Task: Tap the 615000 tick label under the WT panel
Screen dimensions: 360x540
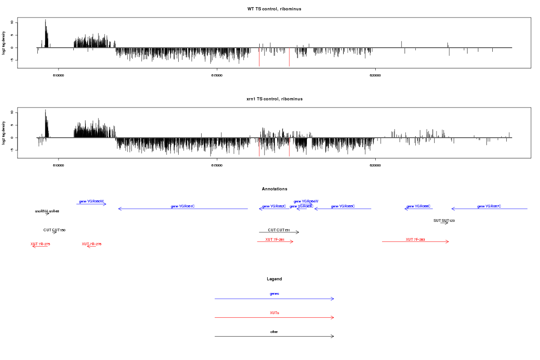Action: click(x=217, y=75)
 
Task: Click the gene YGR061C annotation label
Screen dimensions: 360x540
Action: click(x=183, y=206)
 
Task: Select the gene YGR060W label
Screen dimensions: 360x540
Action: click(x=91, y=201)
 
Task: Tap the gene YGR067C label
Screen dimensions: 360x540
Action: click(x=489, y=206)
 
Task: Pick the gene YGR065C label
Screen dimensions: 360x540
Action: click(x=343, y=206)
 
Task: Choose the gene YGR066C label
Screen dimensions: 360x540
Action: click(x=418, y=206)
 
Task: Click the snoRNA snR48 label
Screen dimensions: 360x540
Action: click(x=47, y=211)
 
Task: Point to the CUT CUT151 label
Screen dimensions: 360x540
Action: click(x=279, y=230)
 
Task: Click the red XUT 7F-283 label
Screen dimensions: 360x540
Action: click(x=415, y=239)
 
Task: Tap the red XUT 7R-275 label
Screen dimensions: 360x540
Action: click(x=40, y=244)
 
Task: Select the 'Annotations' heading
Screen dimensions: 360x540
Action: click(x=274, y=189)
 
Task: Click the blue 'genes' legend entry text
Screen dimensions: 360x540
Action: click(x=274, y=293)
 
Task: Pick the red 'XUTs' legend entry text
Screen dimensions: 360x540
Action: click(x=274, y=312)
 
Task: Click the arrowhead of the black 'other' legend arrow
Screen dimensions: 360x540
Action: click(x=333, y=336)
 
